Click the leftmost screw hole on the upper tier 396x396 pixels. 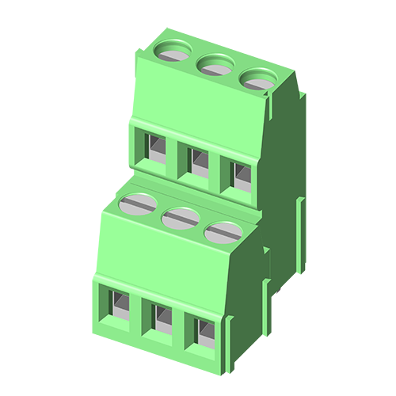[x=174, y=51]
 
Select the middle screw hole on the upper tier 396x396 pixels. [x=215, y=64]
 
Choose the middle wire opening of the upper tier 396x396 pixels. [x=198, y=159]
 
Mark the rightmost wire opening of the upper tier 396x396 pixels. [x=241, y=173]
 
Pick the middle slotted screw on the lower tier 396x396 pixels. [x=181, y=217]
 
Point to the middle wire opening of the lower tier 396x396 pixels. [x=160, y=318]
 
